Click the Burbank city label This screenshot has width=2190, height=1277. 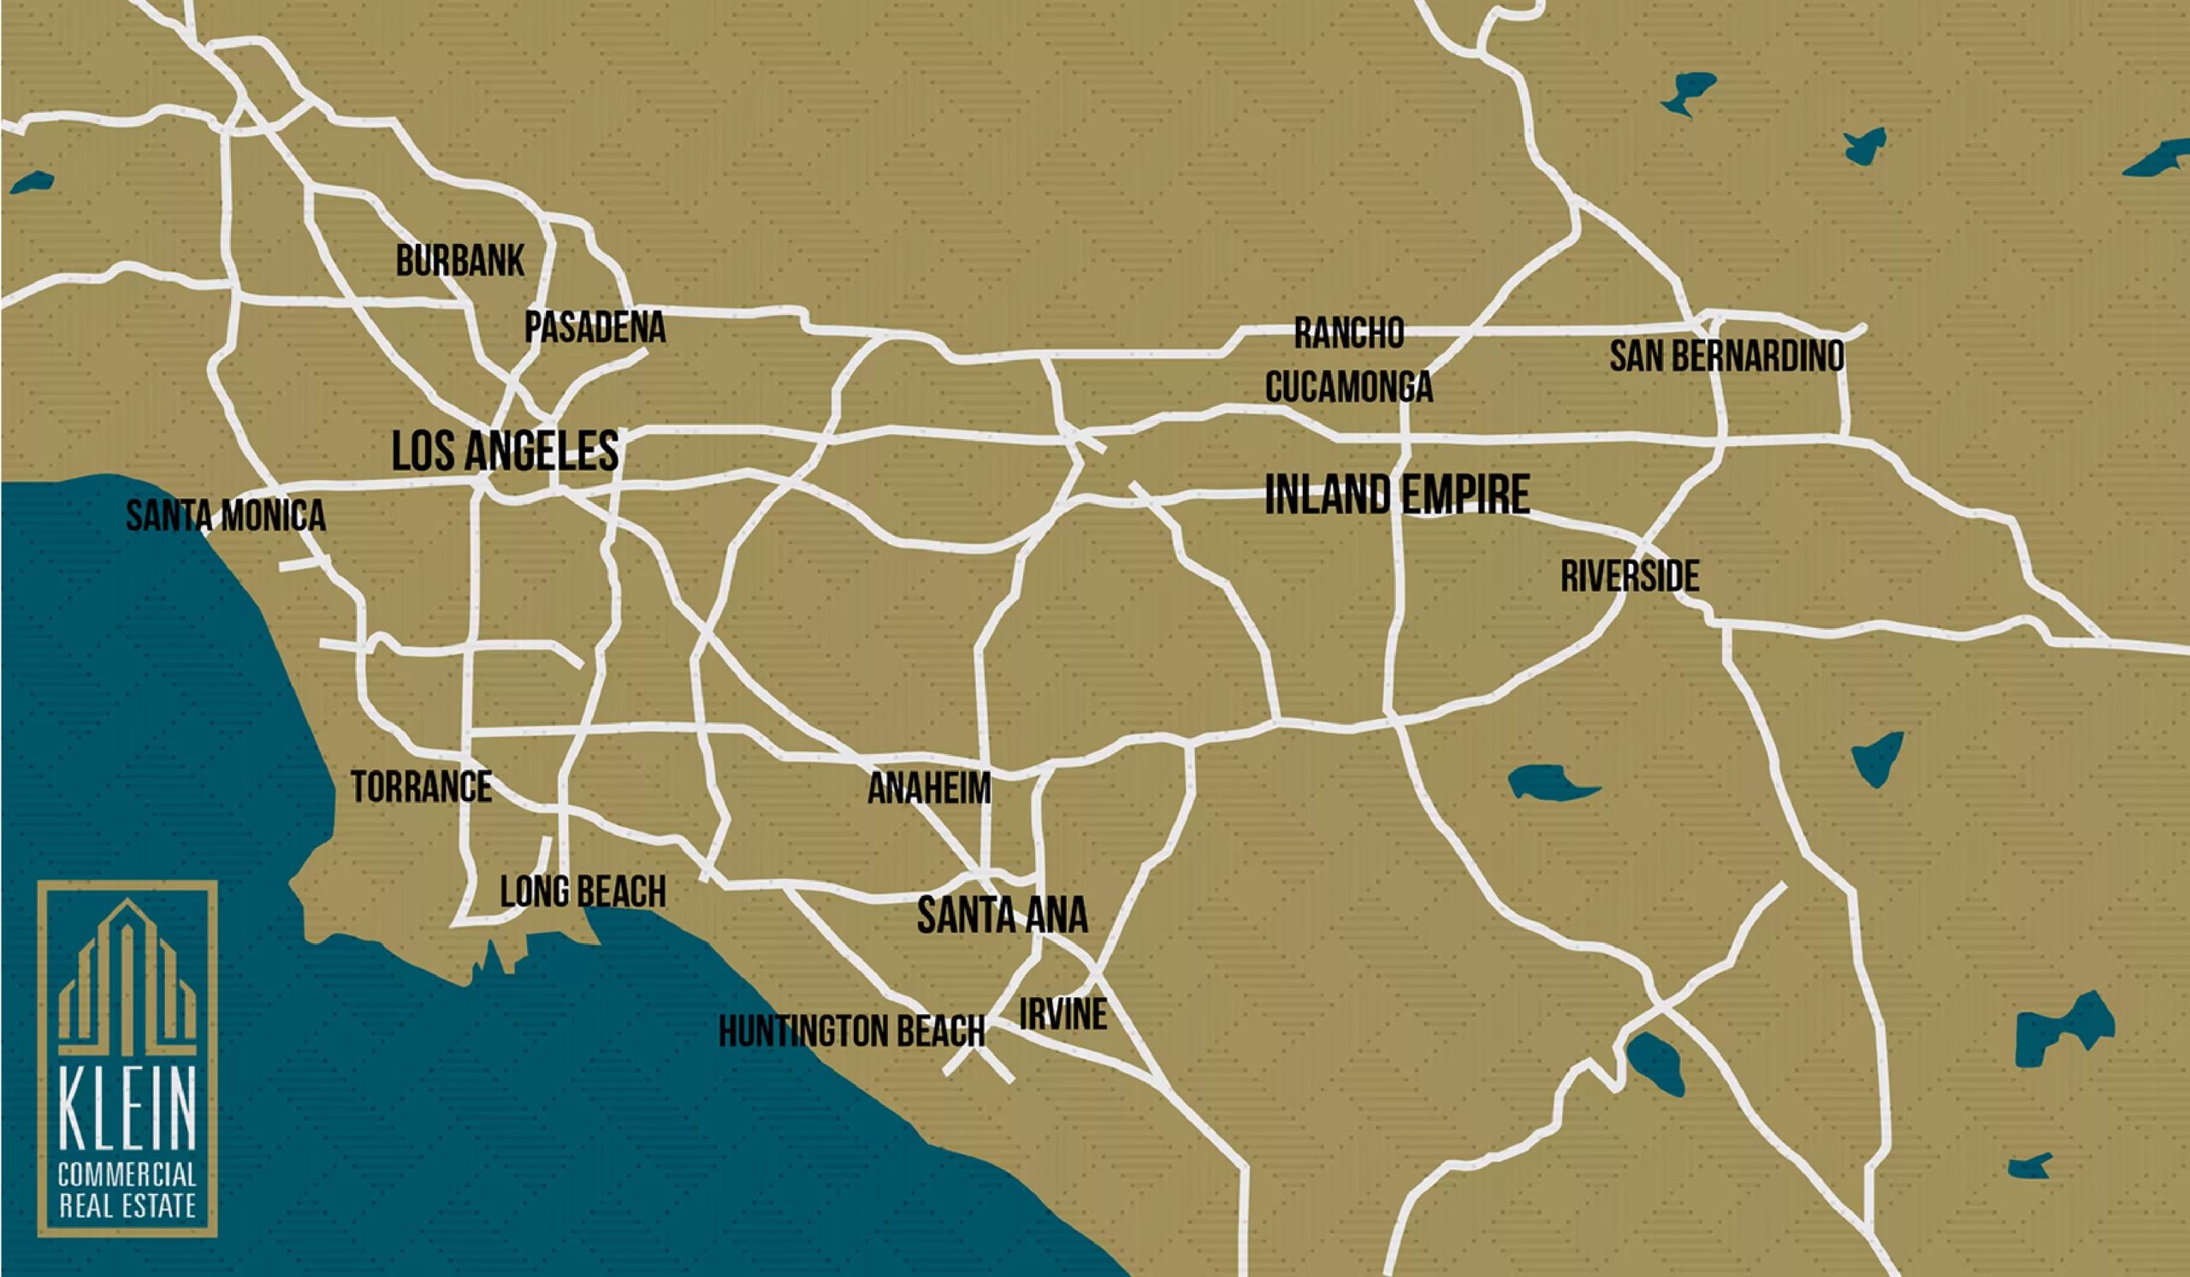click(x=459, y=261)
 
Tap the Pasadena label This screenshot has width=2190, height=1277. click(x=595, y=328)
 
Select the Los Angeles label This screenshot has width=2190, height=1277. click(x=505, y=451)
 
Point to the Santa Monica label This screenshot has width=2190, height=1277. click(x=226, y=515)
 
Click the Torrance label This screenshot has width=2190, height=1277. click(x=422, y=787)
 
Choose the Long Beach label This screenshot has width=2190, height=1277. click(x=583, y=892)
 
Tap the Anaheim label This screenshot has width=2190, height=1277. click(x=929, y=789)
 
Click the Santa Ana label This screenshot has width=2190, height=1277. click(x=1002, y=915)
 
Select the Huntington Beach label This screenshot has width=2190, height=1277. click(x=852, y=1032)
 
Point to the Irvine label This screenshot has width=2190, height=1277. click(x=1062, y=1014)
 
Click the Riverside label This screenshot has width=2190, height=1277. click(x=1630, y=576)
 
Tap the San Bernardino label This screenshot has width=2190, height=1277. click(x=1727, y=356)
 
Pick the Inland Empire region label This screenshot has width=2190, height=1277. click(x=1397, y=496)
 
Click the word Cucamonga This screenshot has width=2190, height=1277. click(x=1349, y=387)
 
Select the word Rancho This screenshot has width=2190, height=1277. click(x=1349, y=333)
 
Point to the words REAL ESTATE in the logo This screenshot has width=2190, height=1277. click(x=127, y=1208)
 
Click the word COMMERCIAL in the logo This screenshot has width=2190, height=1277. click(x=127, y=1176)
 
